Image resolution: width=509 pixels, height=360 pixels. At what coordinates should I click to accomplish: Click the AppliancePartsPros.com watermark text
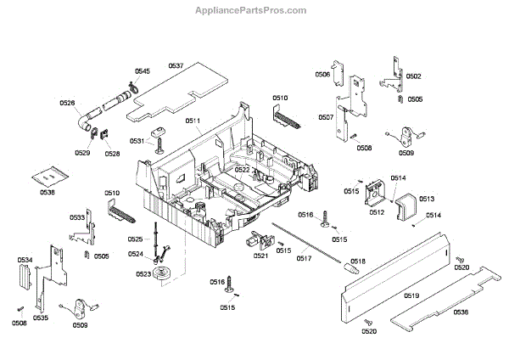point(254,10)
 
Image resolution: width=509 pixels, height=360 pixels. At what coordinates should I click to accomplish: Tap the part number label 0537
point(176,66)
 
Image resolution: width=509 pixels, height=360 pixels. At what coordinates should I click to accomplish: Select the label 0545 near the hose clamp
point(142,70)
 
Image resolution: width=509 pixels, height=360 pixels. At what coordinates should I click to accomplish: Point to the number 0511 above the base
point(193,121)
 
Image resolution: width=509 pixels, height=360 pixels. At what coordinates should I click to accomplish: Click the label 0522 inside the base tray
point(243,170)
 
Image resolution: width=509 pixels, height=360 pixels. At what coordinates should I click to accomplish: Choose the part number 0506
point(323,75)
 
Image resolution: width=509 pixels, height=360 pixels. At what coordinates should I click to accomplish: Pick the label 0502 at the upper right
point(414,76)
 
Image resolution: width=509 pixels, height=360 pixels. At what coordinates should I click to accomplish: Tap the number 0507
point(326,118)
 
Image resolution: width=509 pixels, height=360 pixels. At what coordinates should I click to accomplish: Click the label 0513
point(427,199)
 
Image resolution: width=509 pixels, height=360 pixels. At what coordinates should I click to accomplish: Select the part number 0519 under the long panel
point(411,295)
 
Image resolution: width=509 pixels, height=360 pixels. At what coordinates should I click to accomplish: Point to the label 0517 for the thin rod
point(304,258)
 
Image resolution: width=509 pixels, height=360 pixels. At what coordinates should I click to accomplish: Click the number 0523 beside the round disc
point(143,273)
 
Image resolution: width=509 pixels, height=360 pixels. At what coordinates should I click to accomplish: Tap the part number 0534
point(25,260)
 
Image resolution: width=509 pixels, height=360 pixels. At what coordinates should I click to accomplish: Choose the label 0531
point(137,141)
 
